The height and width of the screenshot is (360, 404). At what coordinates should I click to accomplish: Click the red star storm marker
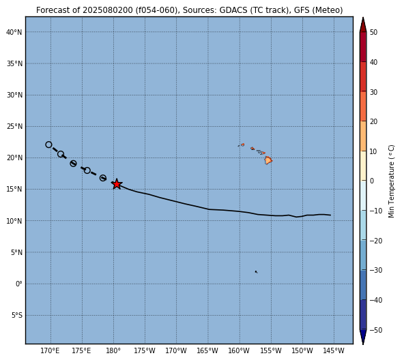(117, 184)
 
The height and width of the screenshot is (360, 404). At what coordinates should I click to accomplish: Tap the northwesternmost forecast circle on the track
(48, 145)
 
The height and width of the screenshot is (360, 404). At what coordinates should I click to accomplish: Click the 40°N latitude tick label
(14, 32)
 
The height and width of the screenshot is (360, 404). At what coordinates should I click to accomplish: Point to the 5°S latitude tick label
(17, 315)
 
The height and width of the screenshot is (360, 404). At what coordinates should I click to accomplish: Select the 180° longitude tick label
(113, 350)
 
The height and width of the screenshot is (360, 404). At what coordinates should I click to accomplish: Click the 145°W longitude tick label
(334, 350)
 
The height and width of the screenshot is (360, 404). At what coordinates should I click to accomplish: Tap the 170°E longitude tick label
(50, 350)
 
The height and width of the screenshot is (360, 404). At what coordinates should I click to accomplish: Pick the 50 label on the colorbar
(373, 33)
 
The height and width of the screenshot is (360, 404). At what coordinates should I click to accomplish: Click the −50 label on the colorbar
(376, 330)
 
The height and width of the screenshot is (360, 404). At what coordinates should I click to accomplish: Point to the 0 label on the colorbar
(371, 181)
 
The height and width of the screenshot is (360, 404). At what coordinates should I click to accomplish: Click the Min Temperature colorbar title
(391, 181)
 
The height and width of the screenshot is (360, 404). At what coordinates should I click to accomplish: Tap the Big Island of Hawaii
(268, 160)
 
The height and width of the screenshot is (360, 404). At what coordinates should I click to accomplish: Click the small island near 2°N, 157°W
(256, 271)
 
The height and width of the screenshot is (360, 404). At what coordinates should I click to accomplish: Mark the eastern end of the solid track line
(330, 215)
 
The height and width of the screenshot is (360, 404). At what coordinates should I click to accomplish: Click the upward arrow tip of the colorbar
(363, 17)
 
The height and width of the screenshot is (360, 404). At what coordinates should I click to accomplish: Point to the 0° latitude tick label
(19, 284)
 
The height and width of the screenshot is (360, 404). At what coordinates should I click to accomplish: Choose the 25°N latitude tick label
(14, 126)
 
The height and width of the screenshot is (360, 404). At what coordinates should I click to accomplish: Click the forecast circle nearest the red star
(103, 178)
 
